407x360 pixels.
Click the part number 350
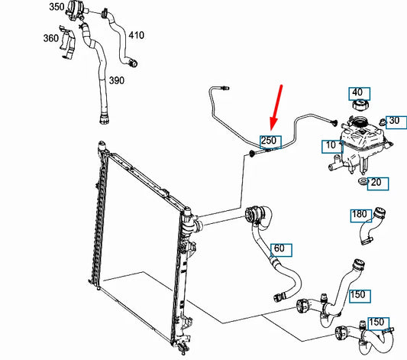(x=57, y=7)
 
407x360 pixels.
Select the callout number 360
(x=51, y=38)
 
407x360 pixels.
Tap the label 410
(x=136, y=35)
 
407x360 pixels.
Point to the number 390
(x=117, y=80)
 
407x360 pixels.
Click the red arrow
(x=276, y=107)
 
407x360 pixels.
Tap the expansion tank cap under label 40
(x=361, y=105)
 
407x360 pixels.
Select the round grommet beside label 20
(x=363, y=181)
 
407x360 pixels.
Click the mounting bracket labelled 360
(x=68, y=42)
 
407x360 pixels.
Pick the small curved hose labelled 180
(x=372, y=225)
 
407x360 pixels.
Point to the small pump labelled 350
(x=75, y=11)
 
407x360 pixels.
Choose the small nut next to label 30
(x=383, y=122)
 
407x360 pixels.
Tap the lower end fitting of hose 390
(x=105, y=118)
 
